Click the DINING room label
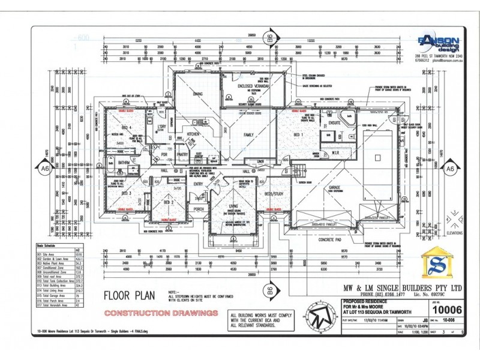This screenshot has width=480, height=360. tap(198, 94)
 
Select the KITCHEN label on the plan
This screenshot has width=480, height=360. tap(193, 134)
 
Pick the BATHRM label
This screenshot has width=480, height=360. tap(124, 163)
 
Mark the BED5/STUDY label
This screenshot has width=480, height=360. tap(273, 194)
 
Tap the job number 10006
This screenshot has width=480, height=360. tap(446, 310)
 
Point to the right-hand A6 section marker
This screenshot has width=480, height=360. tap(450, 170)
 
